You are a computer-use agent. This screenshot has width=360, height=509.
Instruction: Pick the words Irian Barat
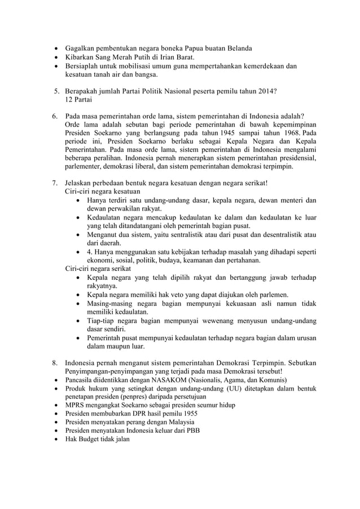(175, 57)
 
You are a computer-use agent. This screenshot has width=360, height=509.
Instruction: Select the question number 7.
(55, 183)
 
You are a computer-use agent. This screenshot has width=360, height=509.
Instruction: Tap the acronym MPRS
(76, 405)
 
